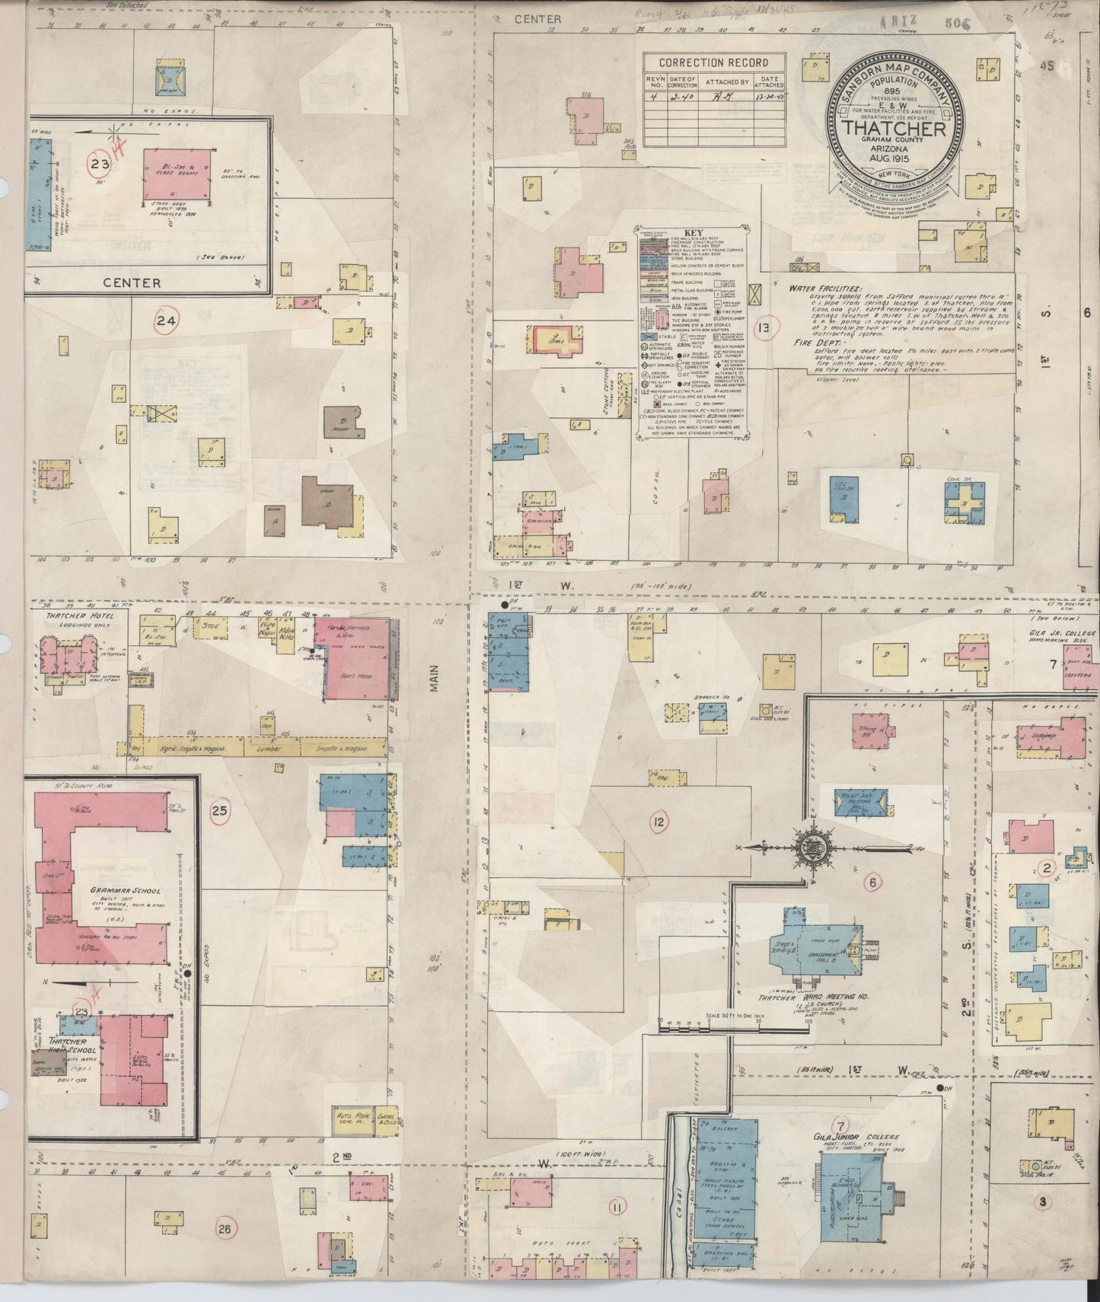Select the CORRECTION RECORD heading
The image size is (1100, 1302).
[713, 63]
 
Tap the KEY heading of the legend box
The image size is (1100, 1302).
[693, 234]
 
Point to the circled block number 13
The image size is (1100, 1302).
[761, 329]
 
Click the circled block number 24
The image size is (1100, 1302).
[166, 321]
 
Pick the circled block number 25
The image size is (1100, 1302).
[219, 811]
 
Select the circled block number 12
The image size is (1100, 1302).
[658, 822]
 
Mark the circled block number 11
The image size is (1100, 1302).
[616, 1207]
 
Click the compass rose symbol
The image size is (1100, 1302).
[805, 846]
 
